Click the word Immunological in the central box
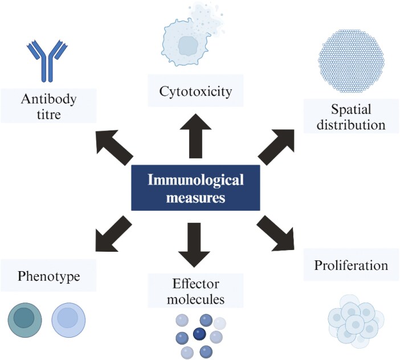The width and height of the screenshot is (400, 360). coord(195,181)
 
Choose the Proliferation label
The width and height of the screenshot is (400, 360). coord(351,265)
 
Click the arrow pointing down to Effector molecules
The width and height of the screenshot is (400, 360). coord(195,243)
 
